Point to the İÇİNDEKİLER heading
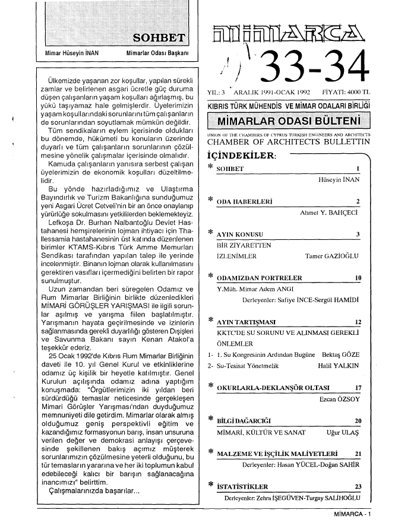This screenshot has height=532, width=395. [240, 155]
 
